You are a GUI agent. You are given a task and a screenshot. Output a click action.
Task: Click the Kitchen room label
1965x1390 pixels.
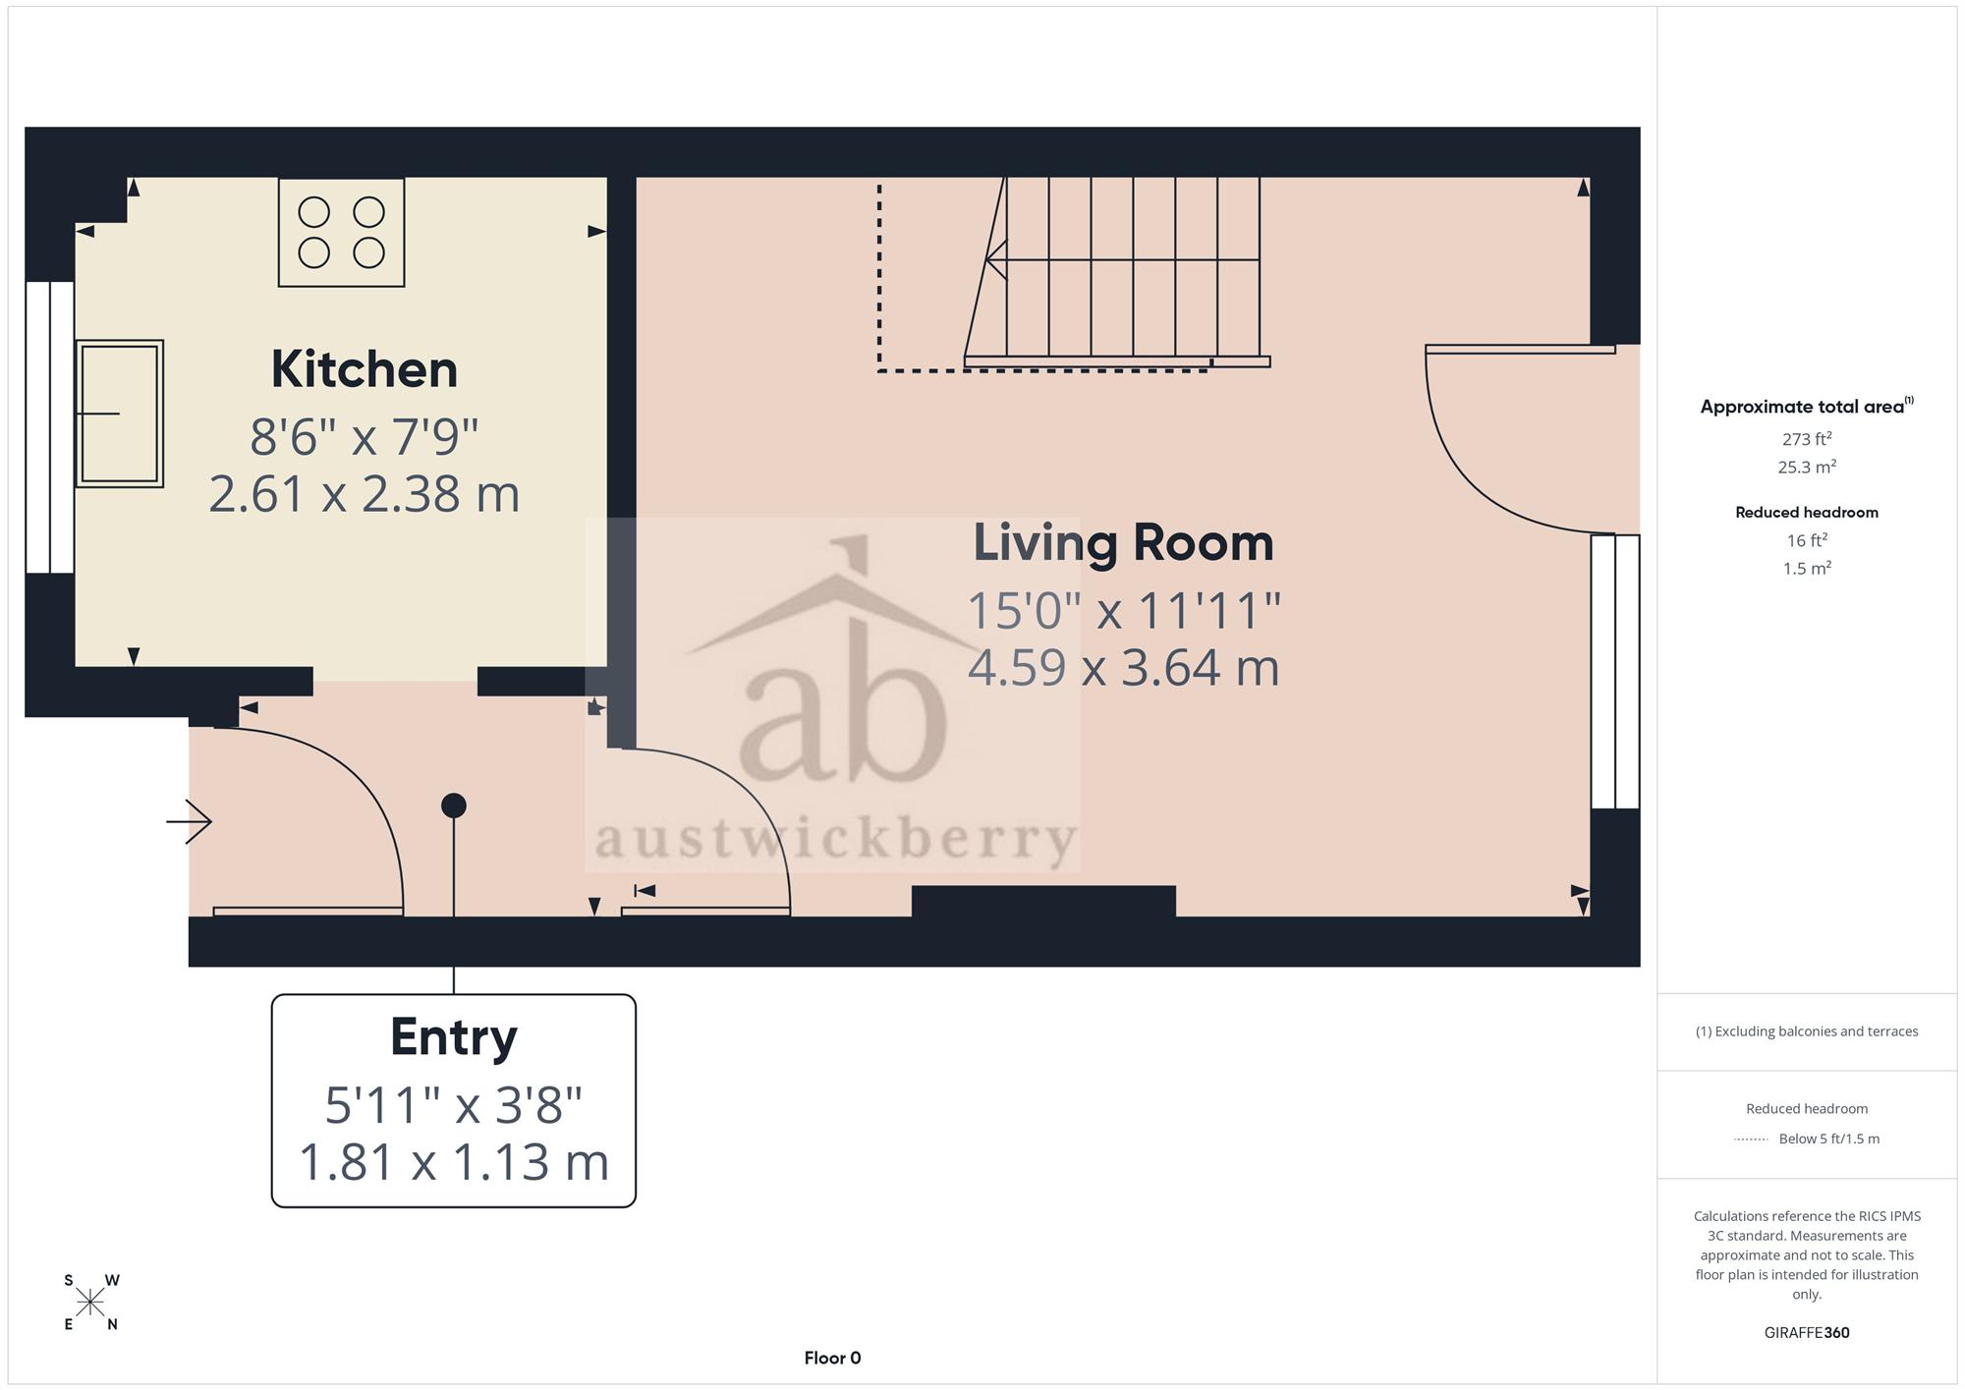[x=365, y=369]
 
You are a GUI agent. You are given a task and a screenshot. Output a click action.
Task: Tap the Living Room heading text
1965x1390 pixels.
[x=1123, y=542]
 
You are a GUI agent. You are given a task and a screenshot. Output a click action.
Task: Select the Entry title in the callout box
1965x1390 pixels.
[x=454, y=1038]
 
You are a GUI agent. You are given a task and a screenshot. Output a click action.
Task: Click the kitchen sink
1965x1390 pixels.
[x=119, y=414]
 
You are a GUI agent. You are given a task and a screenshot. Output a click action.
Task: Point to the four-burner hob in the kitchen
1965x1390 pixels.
[x=341, y=232]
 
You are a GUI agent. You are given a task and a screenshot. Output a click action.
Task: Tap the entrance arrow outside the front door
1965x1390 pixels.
[x=190, y=820]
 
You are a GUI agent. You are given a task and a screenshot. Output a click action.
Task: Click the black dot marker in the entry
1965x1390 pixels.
[x=454, y=806]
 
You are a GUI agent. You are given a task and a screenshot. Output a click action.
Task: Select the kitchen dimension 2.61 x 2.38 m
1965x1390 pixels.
[x=365, y=494]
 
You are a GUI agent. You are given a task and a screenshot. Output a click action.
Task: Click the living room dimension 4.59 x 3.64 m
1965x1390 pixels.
[x=1123, y=668]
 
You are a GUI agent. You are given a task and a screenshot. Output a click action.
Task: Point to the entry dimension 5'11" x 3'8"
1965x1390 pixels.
[x=454, y=1105]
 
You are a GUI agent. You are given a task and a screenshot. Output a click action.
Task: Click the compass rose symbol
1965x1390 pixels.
[x=90, y=1303]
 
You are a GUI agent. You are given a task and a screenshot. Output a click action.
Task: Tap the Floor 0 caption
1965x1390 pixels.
[x=832, y=1358]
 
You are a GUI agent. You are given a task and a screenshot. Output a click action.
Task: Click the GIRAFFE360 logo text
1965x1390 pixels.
[x=1807, y=1333]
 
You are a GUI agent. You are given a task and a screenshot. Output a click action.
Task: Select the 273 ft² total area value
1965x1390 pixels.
[x=1807, y=438]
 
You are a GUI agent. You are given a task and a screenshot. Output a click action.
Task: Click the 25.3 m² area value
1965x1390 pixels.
[x=1807, y=467]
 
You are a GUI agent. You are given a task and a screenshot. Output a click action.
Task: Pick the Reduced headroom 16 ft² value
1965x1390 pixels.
[x=1807, y=539]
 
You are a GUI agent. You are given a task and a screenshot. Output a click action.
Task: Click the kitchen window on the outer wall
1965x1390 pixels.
[x=50, y=427]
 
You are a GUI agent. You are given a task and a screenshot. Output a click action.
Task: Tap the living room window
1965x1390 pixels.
[x=1615, y=671]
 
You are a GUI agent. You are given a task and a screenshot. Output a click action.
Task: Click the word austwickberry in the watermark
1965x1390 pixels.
[x=836, y=840]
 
